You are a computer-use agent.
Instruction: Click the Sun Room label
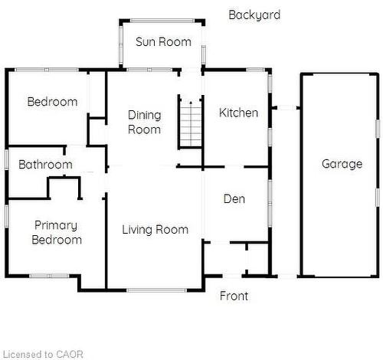click(163, 41)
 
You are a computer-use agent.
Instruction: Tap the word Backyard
click(254, 15)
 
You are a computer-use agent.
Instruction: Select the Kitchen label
click(238, 113)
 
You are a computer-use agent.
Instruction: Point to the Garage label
click(342, 163)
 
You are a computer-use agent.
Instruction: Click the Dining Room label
click(144, 122)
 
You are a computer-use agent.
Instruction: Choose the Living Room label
click(155, 229)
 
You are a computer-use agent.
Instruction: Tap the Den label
click(234, 199)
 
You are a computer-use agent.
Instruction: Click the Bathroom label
click(45, 165)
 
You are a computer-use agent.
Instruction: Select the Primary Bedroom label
click(57, 232)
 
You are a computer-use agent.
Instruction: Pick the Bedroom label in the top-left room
click(52, 102)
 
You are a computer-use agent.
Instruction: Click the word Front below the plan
click(234, 296)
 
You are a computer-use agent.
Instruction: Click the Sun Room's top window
click(162, 21)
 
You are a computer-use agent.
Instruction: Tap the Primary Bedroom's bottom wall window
click(49, 276)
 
